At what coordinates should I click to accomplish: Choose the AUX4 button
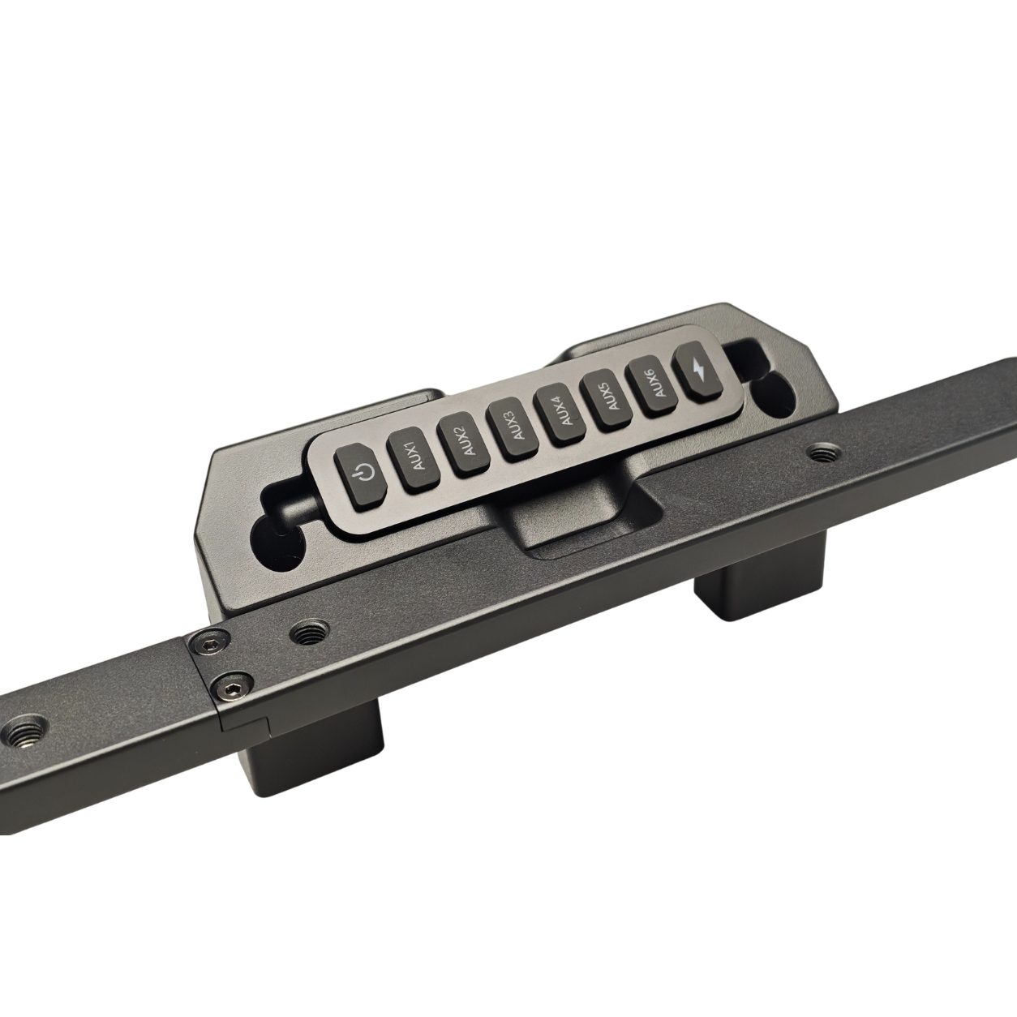pyautogui.click(x=560, y=414)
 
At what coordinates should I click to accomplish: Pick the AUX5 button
pyautogui.click(x=607, y=400)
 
